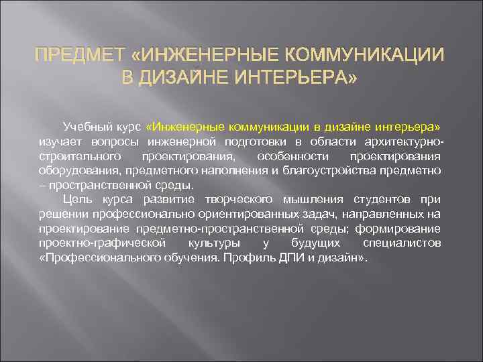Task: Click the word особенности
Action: point(290,156)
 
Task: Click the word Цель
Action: point(77,200)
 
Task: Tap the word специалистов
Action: point(401,243)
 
